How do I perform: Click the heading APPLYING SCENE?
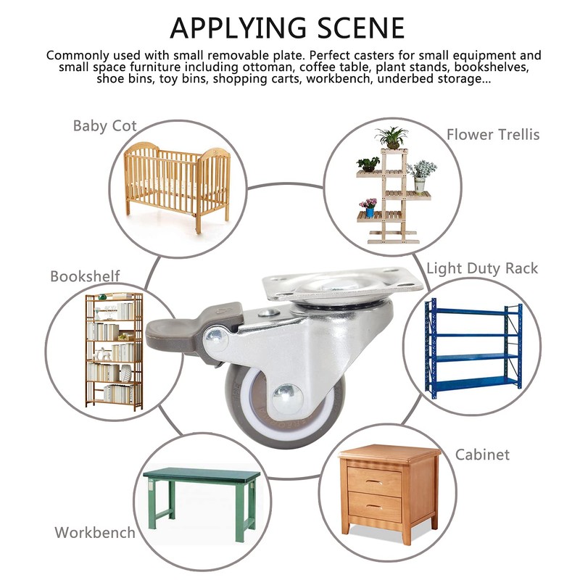click(287, 28)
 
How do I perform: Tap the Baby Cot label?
click(105, 125)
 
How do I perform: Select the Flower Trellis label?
click(493, 134)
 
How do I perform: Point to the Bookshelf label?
click(85, 276)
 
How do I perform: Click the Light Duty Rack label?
click(482, 268)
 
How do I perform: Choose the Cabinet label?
click(482, 455)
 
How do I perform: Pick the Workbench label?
click(95, 532)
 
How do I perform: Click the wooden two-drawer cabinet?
click(390, 493)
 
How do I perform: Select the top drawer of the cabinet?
click(374, 481)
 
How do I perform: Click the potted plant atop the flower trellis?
click(392, 136)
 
